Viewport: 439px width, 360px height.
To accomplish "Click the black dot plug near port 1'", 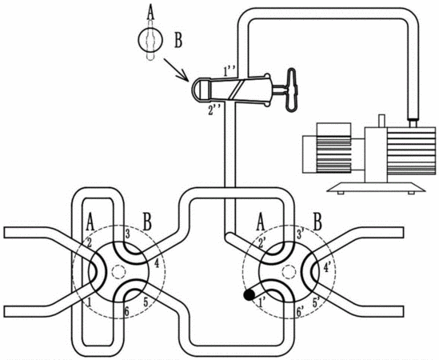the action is tap(249, 295).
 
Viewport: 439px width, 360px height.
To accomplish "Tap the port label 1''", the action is tap(230, 71).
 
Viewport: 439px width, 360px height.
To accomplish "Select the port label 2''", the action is tap(214, 111).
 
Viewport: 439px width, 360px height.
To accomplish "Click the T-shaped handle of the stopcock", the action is tap(290, 90).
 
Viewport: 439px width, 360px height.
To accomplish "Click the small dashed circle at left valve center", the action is tap(118, 271).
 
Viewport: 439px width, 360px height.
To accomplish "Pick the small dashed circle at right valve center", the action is tap(289, 271).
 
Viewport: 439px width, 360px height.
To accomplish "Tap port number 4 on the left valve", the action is tap(157, 264).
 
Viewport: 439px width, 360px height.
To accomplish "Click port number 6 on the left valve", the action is tap(126, 312).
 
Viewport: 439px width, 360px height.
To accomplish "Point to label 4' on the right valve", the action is tap(328, 268).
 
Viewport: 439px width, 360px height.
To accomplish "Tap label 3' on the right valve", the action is tap(301, 234).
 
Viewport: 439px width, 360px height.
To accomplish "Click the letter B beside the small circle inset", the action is tap(178, 41).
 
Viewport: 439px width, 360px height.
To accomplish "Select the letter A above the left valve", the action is tap(90, 222).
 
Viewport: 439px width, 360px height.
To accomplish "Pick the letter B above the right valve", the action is tap(317, 222).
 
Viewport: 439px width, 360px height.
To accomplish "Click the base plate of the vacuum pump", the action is tap(377, 187).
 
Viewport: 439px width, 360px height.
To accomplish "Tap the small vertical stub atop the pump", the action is tap(381, 121).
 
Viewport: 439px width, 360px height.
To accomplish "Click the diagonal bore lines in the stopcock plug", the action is tap(236, 90).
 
